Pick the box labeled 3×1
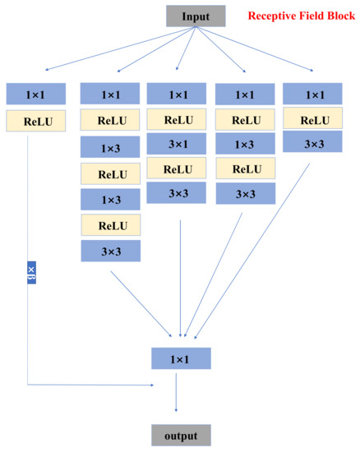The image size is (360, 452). [x=177, y=145]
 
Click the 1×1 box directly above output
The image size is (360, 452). [x=181, y=358]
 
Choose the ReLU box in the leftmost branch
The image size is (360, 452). [x=35, y=122]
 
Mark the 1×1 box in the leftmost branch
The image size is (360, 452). [x=35, y=94]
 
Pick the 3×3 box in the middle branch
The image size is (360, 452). [x=177, y=194]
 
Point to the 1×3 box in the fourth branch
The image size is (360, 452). [x=245, y=145]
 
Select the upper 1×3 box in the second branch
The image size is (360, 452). [x=110, y=148]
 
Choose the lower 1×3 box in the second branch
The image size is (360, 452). [x=110, y=200]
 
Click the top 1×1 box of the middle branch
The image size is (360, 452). [x=177, y=95]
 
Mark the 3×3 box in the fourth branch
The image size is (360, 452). [x=245, y=195]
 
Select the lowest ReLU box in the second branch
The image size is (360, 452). [x=110, y=225]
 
